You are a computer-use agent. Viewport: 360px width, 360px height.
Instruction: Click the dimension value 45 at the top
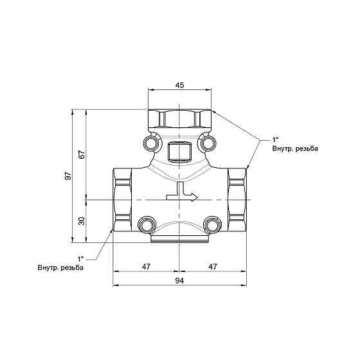pos(180,84)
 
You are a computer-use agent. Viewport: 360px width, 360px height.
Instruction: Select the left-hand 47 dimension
pos(146,265)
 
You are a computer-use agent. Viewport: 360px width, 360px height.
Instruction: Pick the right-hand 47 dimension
pos(213,265)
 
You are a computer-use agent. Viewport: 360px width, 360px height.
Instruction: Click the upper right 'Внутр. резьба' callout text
pos(294,148)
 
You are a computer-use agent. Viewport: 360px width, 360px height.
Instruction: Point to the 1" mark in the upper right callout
pos(276,139)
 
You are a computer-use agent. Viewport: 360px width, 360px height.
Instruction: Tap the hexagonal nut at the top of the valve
pos(180,119)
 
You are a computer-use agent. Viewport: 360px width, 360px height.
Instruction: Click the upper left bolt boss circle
pos(152,141)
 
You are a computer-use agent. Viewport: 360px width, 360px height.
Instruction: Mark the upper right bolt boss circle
pos(208,141)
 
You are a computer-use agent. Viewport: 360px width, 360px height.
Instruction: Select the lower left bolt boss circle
pos(146,224)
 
